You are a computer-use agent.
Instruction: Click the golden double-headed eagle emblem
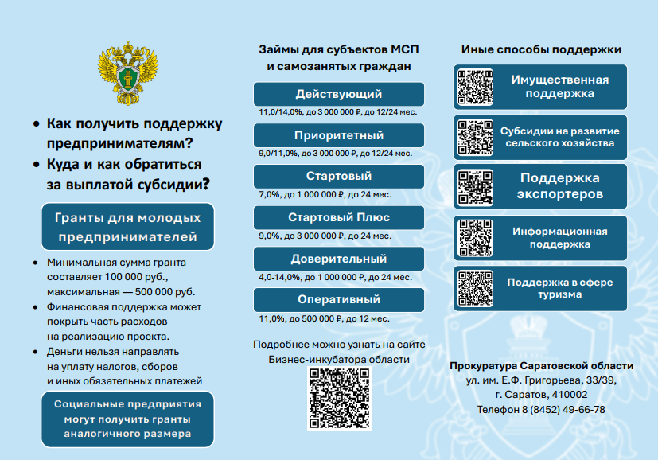coord(128,72)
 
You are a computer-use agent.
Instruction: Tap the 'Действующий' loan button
coord(339,94)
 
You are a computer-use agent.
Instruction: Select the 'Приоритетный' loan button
coord(339,135)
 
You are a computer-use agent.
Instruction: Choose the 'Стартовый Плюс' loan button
coord(339,217)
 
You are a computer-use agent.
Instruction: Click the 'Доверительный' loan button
coord(339,259)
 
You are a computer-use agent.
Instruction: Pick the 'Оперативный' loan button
coord(339,300)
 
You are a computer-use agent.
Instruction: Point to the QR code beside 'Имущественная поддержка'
coord(475,87)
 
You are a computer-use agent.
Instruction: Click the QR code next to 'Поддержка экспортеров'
coord(475,187)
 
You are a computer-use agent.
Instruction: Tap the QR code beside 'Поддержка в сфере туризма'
coord(475,288)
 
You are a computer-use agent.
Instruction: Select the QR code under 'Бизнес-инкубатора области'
coord(339,398)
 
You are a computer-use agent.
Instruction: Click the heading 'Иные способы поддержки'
coord(541,49)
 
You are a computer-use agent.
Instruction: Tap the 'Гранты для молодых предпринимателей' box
coord(127,227)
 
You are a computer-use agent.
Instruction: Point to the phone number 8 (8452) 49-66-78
coord(563,410)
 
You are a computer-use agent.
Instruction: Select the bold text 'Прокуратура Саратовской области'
coord(541,366)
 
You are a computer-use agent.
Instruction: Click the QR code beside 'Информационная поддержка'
coord(475,238)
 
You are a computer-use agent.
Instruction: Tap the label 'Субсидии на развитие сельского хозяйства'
coord(560,137)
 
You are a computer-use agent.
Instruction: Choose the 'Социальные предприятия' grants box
coord(127,419)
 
